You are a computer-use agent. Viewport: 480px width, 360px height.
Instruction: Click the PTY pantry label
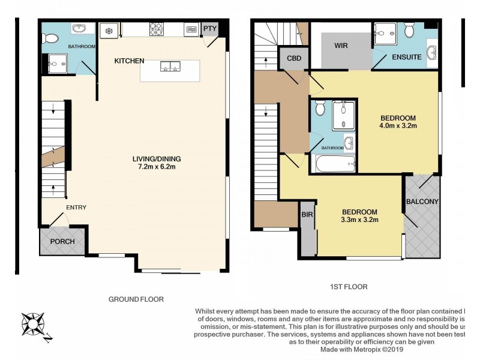pos(209,28)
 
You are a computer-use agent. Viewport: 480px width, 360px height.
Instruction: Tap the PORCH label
pos(63,242)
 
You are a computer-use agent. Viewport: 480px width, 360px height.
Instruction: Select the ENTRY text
pos(76,208)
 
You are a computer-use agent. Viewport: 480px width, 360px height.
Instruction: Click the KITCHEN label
pos(130,61)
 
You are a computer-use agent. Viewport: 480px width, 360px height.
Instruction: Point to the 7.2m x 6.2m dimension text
pos(157,167)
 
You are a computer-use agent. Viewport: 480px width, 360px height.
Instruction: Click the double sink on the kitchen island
pos(169,67)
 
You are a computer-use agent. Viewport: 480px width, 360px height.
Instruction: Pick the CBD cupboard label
pos(294,59)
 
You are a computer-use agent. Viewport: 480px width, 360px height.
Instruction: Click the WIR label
pos(341,46)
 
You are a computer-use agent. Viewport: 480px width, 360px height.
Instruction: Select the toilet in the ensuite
pos(410,29)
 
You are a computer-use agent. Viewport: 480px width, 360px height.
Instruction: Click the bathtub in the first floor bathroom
pos(335,163)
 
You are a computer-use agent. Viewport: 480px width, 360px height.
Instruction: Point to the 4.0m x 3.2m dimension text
pos(398,126)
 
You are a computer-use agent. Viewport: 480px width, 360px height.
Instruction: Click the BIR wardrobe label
pos(308,214)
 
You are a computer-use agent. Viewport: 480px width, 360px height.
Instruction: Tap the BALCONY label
pos(422,202)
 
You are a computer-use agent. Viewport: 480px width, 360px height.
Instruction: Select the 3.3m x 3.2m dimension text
pos(360,220)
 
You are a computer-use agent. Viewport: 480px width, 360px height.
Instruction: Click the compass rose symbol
pos(32,325)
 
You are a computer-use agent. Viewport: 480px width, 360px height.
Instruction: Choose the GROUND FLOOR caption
pos(136,299)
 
